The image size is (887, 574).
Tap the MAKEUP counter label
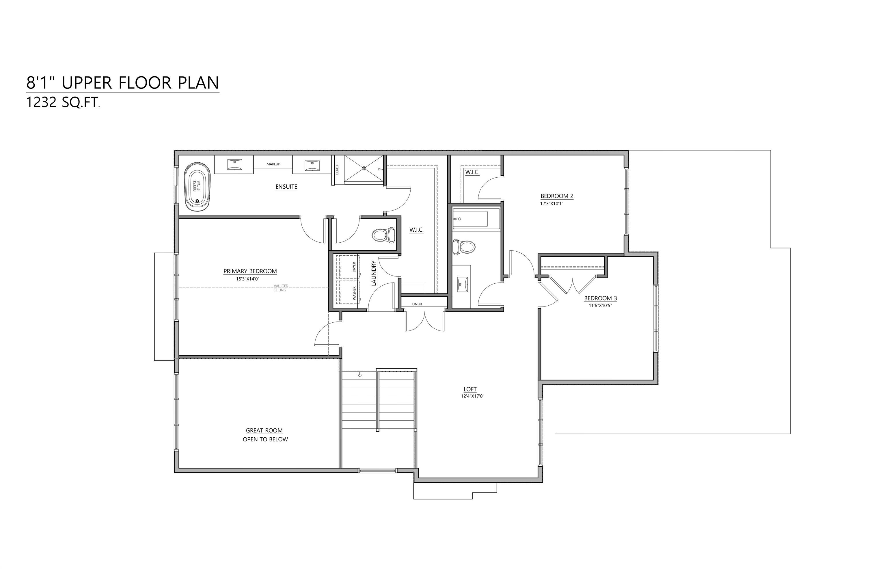(x=273, y=164)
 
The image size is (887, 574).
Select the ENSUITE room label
(x=286, y=187)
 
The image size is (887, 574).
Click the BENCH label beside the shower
(x=337, y=169)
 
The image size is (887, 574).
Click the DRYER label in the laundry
(x=354, y=267)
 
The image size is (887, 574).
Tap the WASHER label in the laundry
(x=354, y=293)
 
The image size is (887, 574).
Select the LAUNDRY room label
(x=374, y=273)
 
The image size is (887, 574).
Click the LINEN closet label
(x=417, y=304)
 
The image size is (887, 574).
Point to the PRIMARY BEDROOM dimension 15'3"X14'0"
(x=247, y=278)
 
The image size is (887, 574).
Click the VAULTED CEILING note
(x=280, y=288)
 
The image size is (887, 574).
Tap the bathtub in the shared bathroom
(x=470, y=219)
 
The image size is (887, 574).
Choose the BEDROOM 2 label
(x=557, y=196)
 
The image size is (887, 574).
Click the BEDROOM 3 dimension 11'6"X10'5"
(x=600, y=306)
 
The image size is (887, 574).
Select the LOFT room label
(x=470, y=389)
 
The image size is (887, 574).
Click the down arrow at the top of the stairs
(x=360, y=375)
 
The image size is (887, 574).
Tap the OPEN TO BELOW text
(x=265, y=439)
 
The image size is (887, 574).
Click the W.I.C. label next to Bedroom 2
(x=472, y=172)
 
